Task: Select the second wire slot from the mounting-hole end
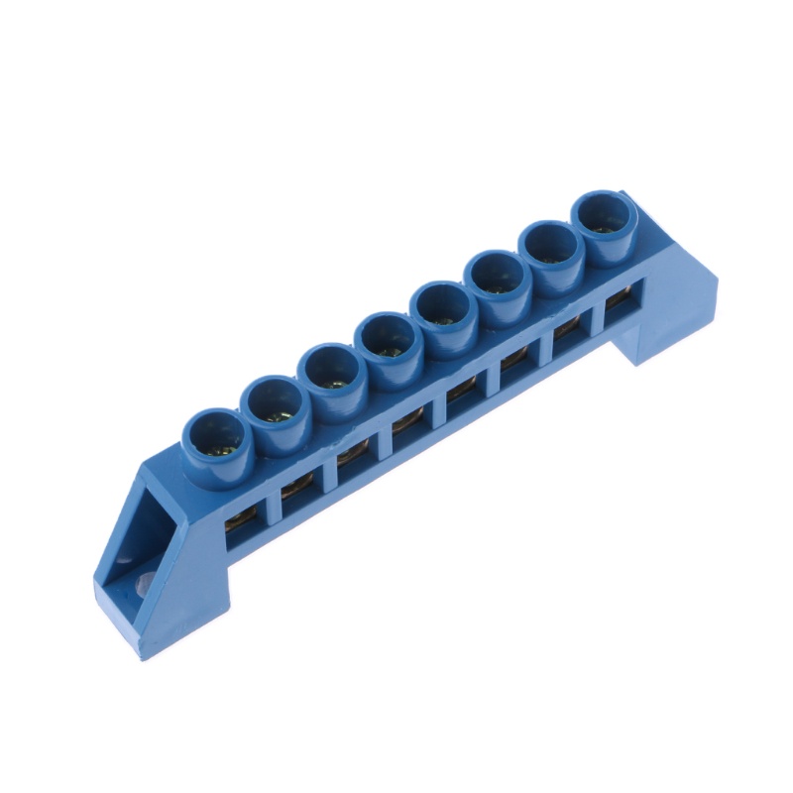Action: (x=297, y=489)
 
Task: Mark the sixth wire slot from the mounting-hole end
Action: (x=515, y=368)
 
